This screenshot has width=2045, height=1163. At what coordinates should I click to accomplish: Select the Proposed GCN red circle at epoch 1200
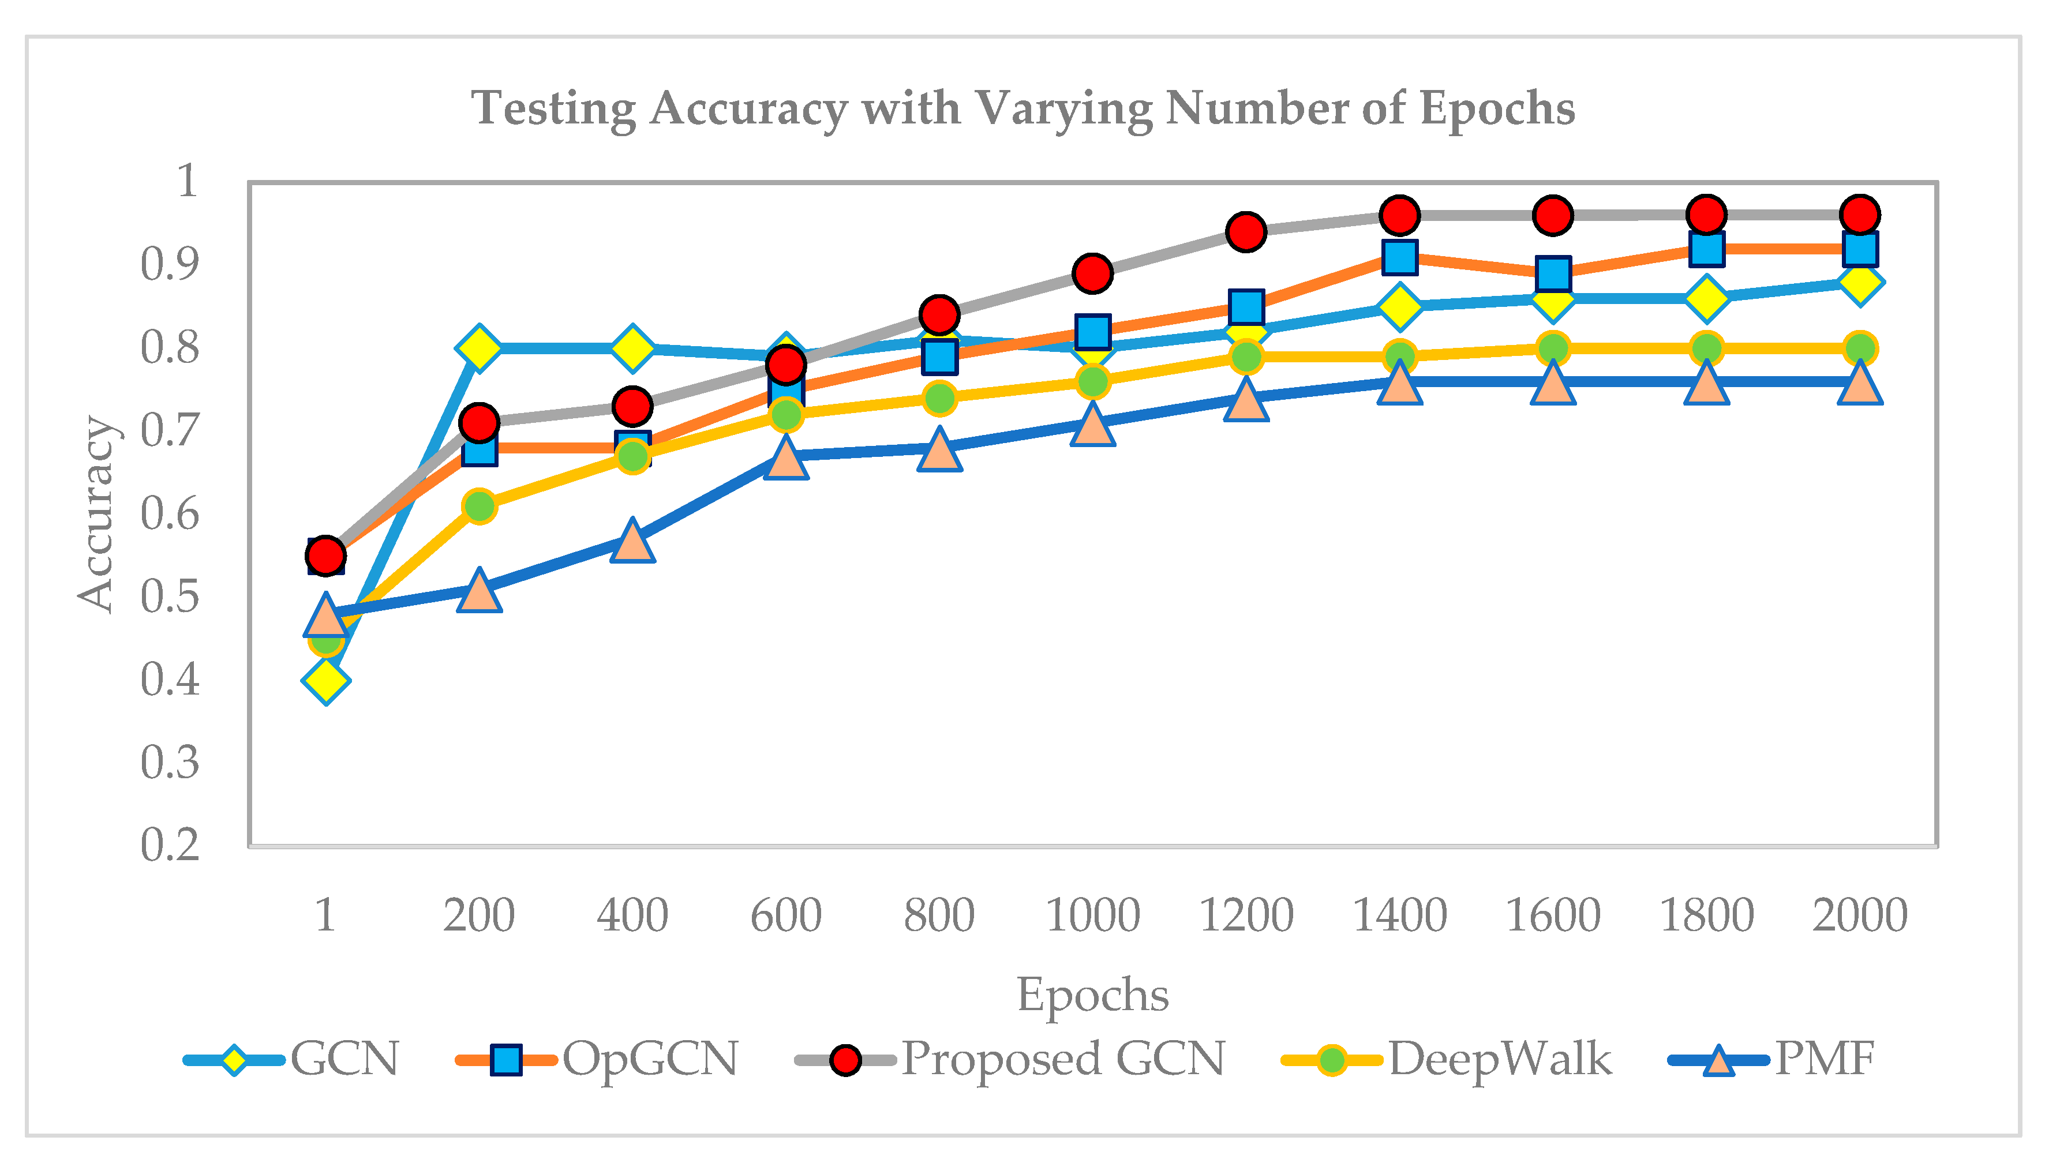coord(1245,232)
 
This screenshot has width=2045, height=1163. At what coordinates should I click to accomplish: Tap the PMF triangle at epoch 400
coord(632,542)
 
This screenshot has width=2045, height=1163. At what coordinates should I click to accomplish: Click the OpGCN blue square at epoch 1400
coord(1399,257)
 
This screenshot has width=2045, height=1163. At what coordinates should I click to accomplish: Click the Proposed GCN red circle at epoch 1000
coord(1092,273)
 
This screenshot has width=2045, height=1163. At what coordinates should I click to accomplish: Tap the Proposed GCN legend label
coord(1062,1059)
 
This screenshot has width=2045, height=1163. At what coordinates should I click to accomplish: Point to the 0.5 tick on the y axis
coord(169,596)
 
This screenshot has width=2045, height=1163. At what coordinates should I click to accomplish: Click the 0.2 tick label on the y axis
coord(169,845)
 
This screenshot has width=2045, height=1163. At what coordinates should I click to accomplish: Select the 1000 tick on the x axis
coord(1092,916)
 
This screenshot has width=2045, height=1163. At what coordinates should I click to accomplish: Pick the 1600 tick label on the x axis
coord(1552,916)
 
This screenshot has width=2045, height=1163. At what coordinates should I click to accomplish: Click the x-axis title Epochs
coord(1092,995)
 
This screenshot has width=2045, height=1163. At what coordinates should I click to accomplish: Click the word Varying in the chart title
coord(1062,108)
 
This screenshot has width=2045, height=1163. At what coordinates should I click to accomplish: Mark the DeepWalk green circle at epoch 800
coord(939,398)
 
